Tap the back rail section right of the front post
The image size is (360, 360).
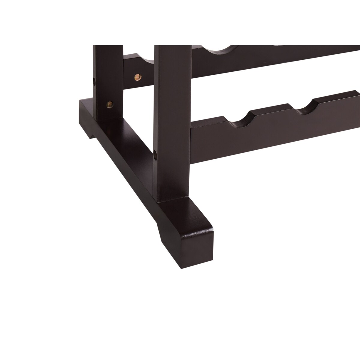[270, 60]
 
